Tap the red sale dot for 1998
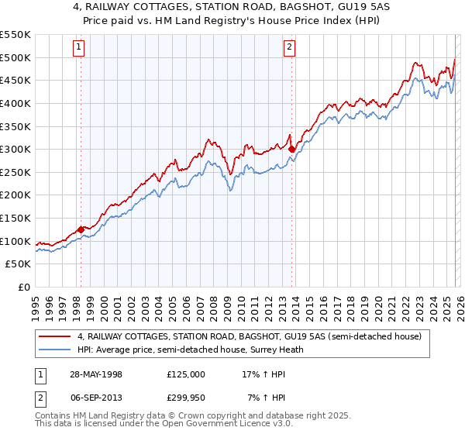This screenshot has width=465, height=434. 81,229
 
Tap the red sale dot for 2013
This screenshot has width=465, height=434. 291,149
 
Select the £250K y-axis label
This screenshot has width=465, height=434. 15,172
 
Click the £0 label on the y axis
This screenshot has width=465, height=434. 24,287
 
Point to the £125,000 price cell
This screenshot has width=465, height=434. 186,374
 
